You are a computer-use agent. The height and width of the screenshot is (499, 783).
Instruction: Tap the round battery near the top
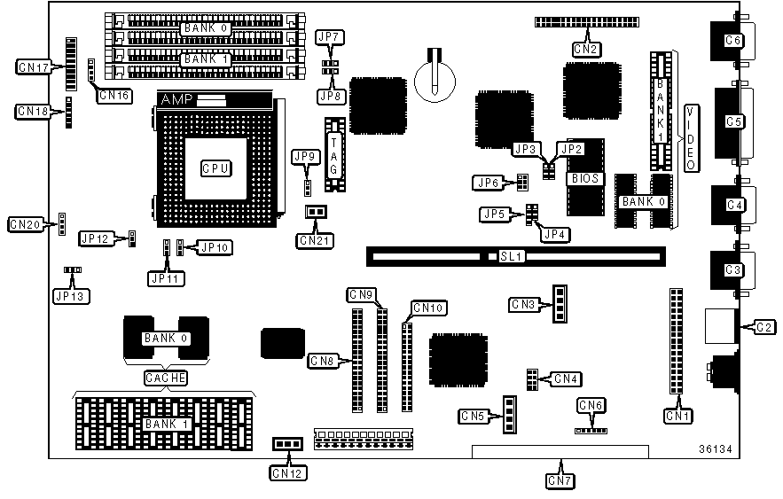(435, 78)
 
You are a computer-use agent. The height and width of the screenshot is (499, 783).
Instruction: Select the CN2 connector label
(584, 49)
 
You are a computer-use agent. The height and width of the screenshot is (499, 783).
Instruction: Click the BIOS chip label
(584, 178)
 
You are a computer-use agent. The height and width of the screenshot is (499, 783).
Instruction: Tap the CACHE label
(166, 378)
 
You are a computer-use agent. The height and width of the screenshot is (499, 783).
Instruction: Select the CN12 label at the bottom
(286, 473)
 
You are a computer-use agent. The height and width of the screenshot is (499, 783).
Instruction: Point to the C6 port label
(732, 40)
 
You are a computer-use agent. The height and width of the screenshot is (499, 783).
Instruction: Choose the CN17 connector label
(34, 66)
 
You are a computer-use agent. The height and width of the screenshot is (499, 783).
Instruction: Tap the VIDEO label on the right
(691, 136)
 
